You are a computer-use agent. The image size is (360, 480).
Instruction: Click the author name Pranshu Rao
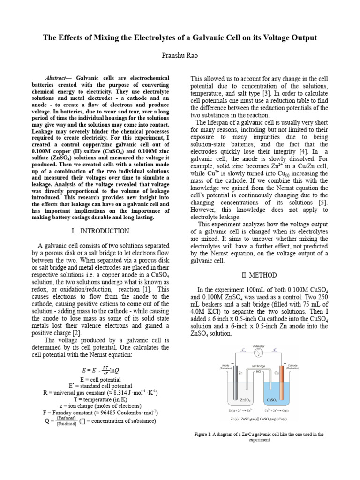(x=180, y=55)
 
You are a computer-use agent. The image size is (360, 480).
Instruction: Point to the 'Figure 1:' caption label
(x=205, y=435)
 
